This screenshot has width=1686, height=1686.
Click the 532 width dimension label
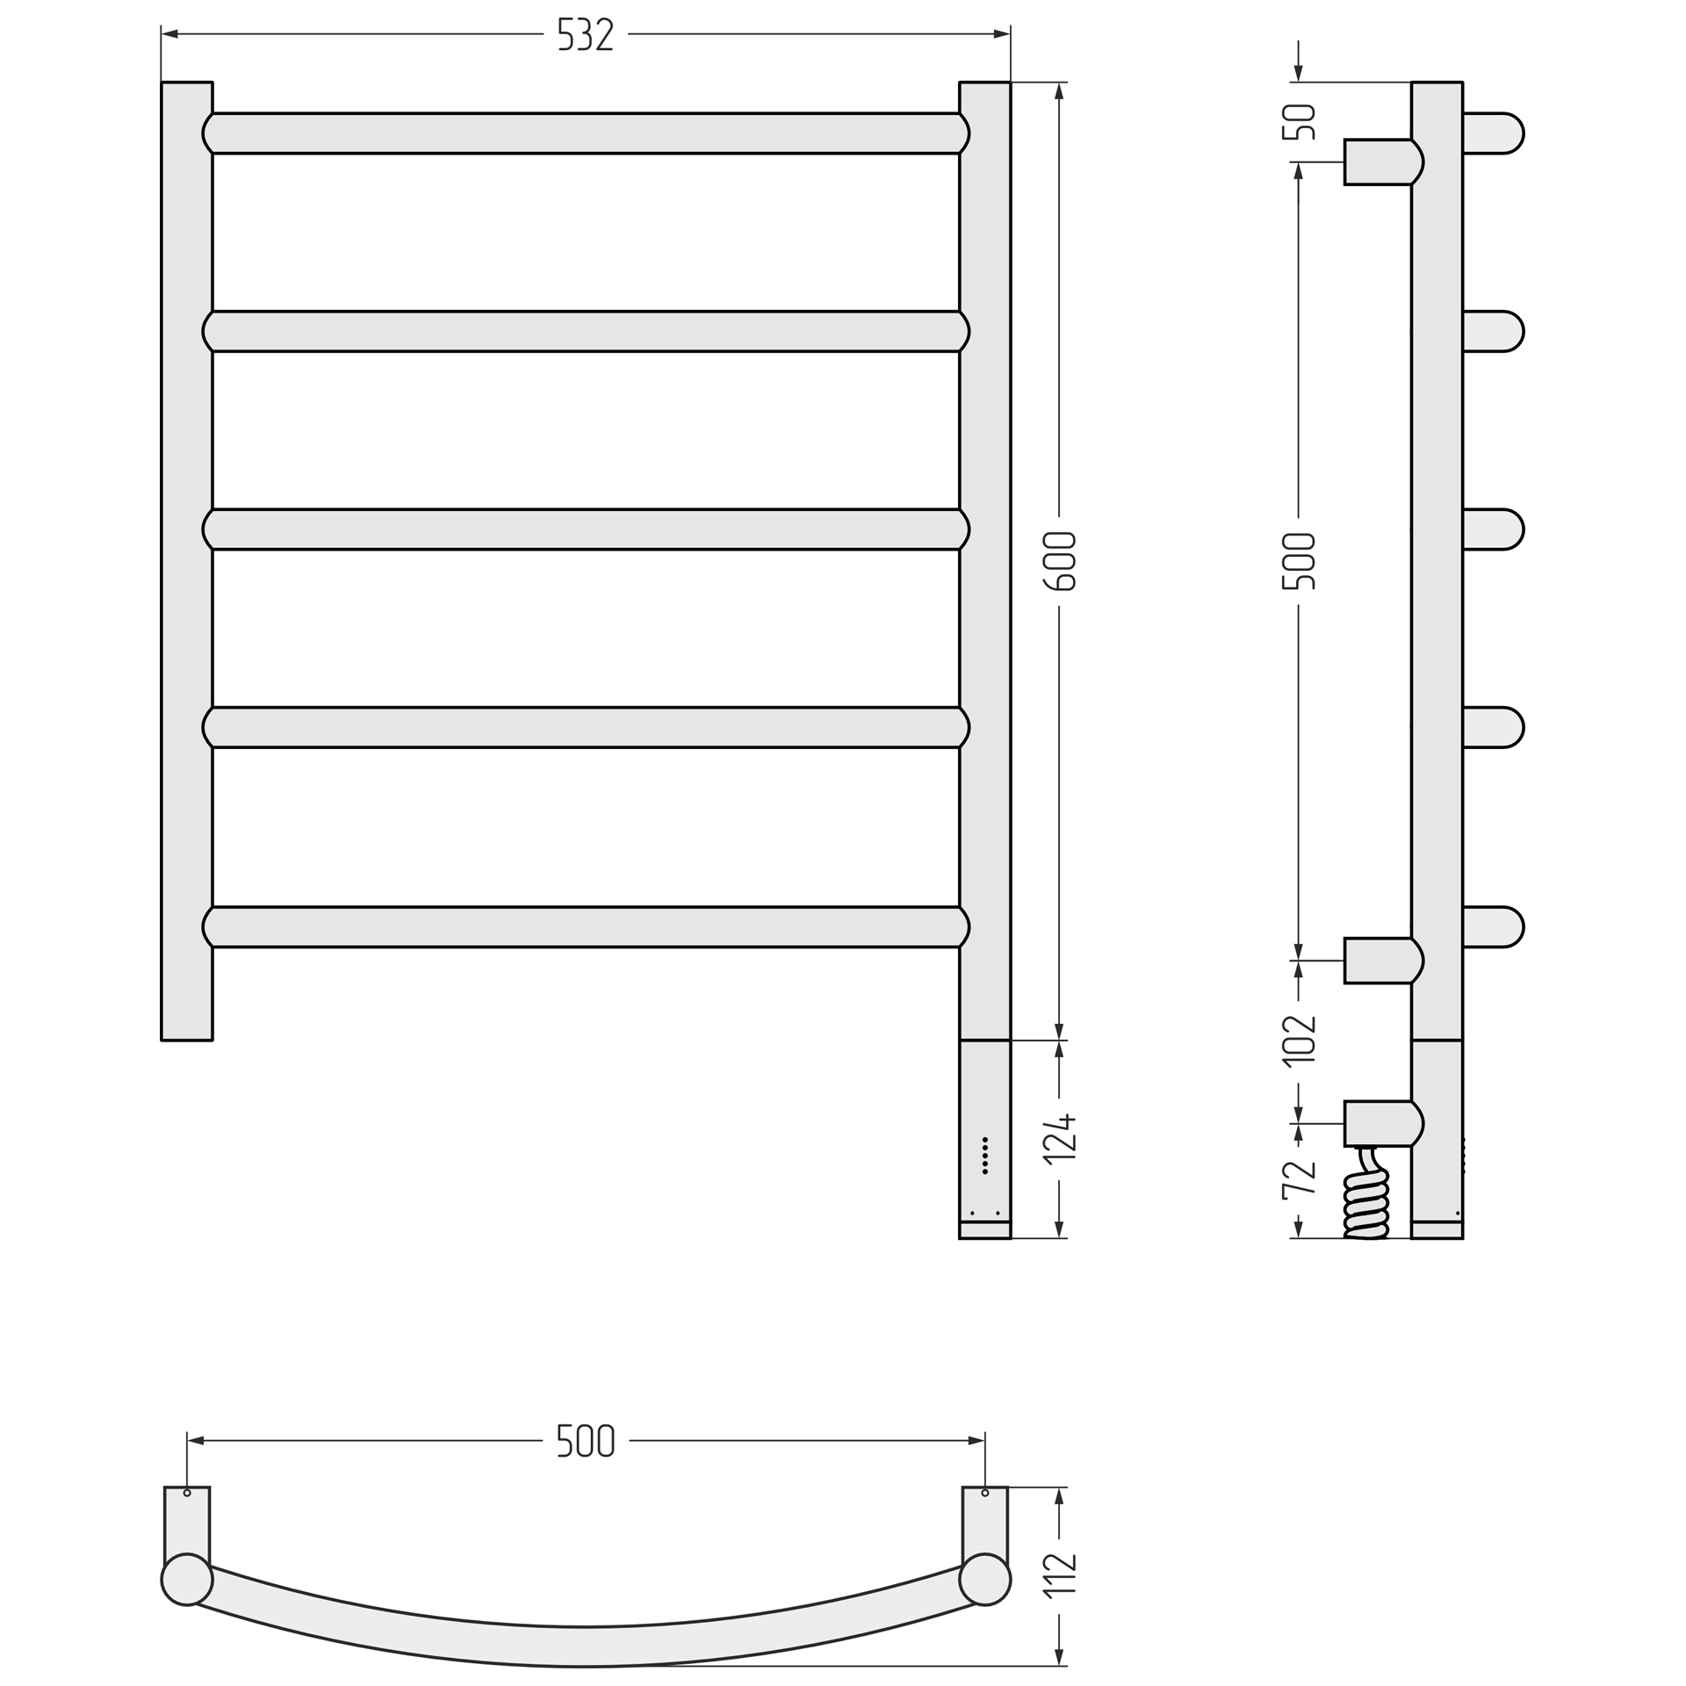pyautogui.click(x=586, y=34)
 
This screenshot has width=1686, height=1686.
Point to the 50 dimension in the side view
pyautogui.click(x=1300, y=122)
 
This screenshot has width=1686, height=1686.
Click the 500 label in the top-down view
pyautogui.click(x=586, y=1441)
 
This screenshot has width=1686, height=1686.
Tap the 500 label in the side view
pyautogui.click(x=1300, y=561)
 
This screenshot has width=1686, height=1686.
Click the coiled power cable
pyautogui.click(x=1367, y=1193)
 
